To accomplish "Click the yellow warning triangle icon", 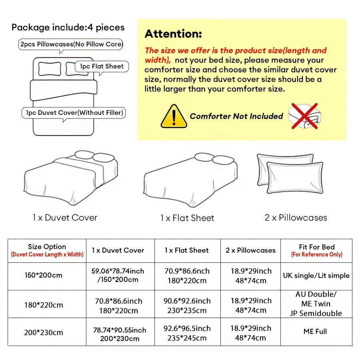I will (174, 116).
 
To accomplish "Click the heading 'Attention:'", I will (173, 34).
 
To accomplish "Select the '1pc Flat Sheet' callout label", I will (102, 66).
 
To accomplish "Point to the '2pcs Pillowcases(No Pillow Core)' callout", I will (71, 44).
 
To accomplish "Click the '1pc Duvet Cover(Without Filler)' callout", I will (73, 113).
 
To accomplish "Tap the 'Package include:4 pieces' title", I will (68, 28).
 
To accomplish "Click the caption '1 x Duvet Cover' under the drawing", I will (65, 218).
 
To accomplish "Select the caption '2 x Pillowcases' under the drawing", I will (296, 218).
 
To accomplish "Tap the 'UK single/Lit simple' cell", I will (316, 275).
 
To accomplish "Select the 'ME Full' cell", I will (316, 331).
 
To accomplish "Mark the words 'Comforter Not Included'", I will (236, 116).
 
